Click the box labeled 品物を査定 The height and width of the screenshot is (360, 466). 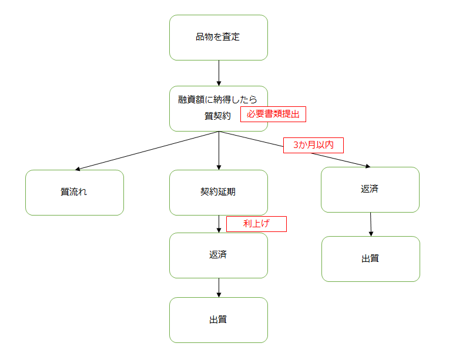point(218,38)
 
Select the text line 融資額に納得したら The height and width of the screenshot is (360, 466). point(218,99)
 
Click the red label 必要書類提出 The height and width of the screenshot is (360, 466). point(273,115)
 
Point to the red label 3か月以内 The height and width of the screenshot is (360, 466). point(313,145)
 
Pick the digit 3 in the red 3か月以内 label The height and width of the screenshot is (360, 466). point(296,145)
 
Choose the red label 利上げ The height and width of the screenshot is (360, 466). point(256,224)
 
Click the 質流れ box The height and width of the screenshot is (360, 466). point(74,193)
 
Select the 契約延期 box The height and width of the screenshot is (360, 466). point(218,193)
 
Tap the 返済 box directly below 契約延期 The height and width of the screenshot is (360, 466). point(218,255)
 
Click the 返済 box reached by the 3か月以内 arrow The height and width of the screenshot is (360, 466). point(370,190)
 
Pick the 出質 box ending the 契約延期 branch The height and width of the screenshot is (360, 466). point(218,320)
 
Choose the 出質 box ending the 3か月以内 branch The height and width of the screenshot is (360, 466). point(370,259)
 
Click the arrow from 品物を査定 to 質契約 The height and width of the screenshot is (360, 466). point(219,73)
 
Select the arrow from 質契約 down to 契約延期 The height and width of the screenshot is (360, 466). point(219,150)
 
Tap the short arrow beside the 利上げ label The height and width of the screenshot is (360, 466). point(219,224)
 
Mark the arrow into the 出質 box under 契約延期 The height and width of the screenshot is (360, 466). point(219,288)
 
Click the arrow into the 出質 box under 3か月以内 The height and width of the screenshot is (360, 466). point(370,224)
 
